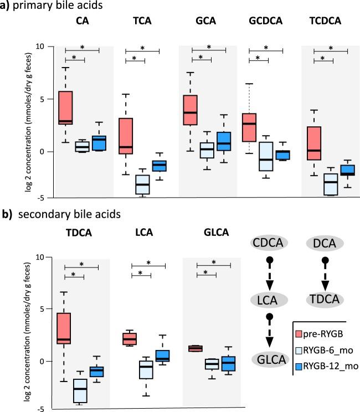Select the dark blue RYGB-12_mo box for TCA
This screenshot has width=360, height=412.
click(159, 166)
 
